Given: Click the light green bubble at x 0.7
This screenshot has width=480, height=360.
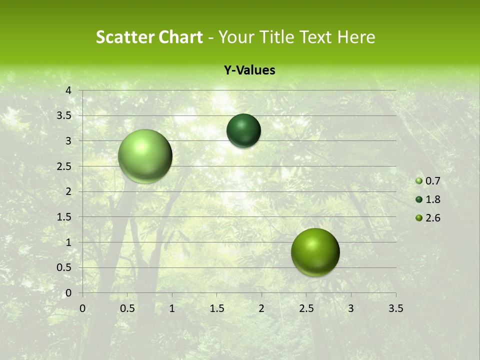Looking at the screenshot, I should [x=145, y=156].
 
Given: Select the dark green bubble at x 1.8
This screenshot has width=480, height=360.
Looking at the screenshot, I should [x=243, y=130].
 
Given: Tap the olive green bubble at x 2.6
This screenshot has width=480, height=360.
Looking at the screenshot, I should [x=315, y=252].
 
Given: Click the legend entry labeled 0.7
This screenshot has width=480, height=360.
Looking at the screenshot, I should [x=428, y=181].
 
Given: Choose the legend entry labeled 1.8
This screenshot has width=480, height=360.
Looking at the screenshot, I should [x=428, y=199].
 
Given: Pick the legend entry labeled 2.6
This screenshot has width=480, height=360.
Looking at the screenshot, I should [x=428, y=218].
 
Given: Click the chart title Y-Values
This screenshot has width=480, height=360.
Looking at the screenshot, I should [x=249, y=70].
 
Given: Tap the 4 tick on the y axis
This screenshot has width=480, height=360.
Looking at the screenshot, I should [x=69, y=90].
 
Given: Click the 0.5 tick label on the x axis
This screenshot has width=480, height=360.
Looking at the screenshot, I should [x=127, y=308].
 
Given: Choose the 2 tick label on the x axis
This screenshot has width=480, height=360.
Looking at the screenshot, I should [x=261, y=308].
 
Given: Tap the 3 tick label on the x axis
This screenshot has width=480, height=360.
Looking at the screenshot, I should [x=351, y=308].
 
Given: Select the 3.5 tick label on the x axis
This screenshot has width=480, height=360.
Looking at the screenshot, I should [x=395, y=308].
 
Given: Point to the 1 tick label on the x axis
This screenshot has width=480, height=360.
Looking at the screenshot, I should [x=172, y=308].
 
